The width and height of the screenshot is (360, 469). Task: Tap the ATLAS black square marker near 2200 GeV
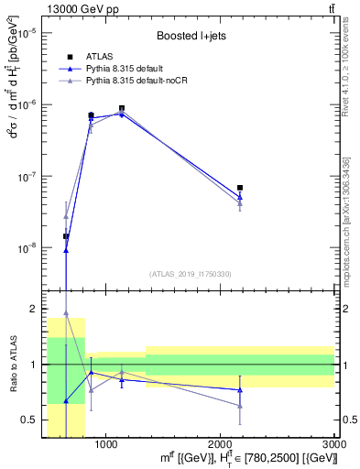(240, 188)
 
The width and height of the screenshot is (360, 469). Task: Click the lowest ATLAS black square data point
(66, 236)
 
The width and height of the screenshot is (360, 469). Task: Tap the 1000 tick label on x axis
(107, 444)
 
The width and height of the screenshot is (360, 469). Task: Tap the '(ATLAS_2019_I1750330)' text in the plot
(190, 274)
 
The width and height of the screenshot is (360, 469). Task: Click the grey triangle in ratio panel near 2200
(240, 406)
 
